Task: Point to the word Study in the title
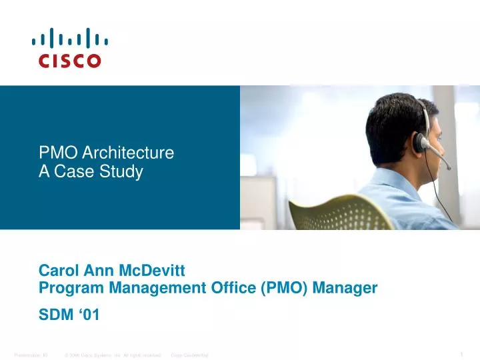tap(123, 172)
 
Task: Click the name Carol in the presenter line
tap(57, 271)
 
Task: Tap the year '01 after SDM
tap(89, 315)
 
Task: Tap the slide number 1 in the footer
tap(461, 353)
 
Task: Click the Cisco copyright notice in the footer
tap(113, 355)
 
